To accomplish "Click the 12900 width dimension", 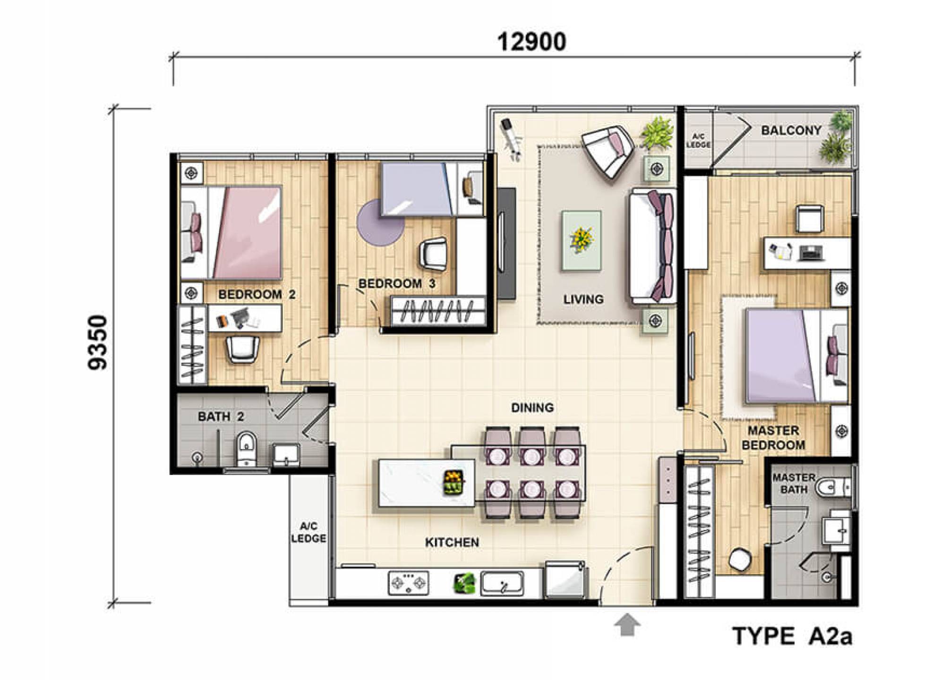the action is (531, 42).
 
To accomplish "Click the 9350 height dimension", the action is (98, 342).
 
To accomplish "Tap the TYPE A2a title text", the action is (793, 637).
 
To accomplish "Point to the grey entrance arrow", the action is (627, 625).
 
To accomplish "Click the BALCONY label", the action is (791, 130).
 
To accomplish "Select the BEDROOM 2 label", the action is (257, 295).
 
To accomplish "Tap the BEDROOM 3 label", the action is (397, 284).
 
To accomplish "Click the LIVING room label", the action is (583, 299).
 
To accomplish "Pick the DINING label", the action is (532, 408).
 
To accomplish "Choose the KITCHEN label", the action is (452, 542).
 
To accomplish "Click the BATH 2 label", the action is (221, 416).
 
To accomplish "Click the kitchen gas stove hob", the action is (409, 583).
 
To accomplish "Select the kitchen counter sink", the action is (502, 583).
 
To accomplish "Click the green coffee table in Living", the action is (582, 240).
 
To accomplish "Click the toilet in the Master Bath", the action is (835, 488).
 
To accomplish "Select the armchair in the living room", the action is (608, 151).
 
